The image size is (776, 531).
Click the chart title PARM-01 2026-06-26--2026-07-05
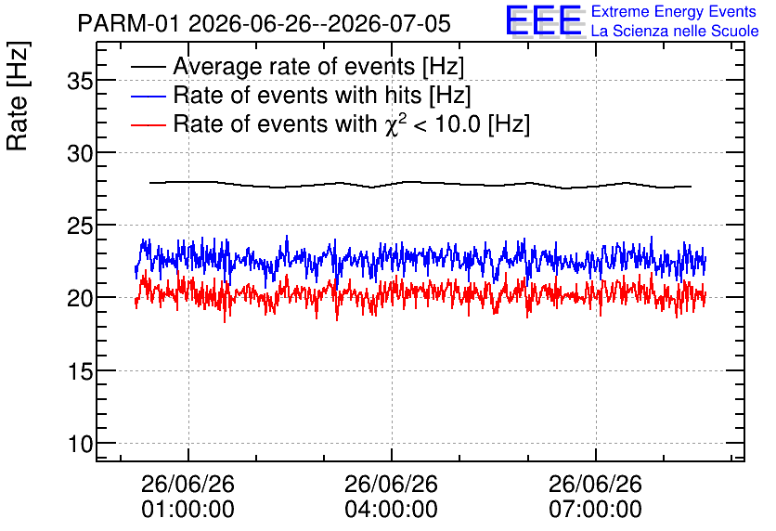264,23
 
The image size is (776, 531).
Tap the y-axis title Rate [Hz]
18,96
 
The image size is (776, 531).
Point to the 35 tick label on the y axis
80,81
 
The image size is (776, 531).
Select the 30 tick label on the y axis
80,154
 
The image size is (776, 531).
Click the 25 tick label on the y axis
80,227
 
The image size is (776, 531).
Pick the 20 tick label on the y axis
80,299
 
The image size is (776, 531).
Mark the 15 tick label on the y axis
80,371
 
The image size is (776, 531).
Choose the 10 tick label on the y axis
80,445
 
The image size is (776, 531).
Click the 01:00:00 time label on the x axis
188,510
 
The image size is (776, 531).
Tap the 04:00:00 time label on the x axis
392,510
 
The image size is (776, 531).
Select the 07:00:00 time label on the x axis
595,510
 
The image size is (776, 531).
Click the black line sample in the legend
148,66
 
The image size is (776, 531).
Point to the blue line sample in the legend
148,96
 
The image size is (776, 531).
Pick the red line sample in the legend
148,124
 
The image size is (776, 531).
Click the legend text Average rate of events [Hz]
318,67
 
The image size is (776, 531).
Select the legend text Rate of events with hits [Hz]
322,96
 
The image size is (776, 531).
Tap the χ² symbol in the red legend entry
395,123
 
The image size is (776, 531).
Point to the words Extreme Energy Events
674,11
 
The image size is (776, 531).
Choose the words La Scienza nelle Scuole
675,32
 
